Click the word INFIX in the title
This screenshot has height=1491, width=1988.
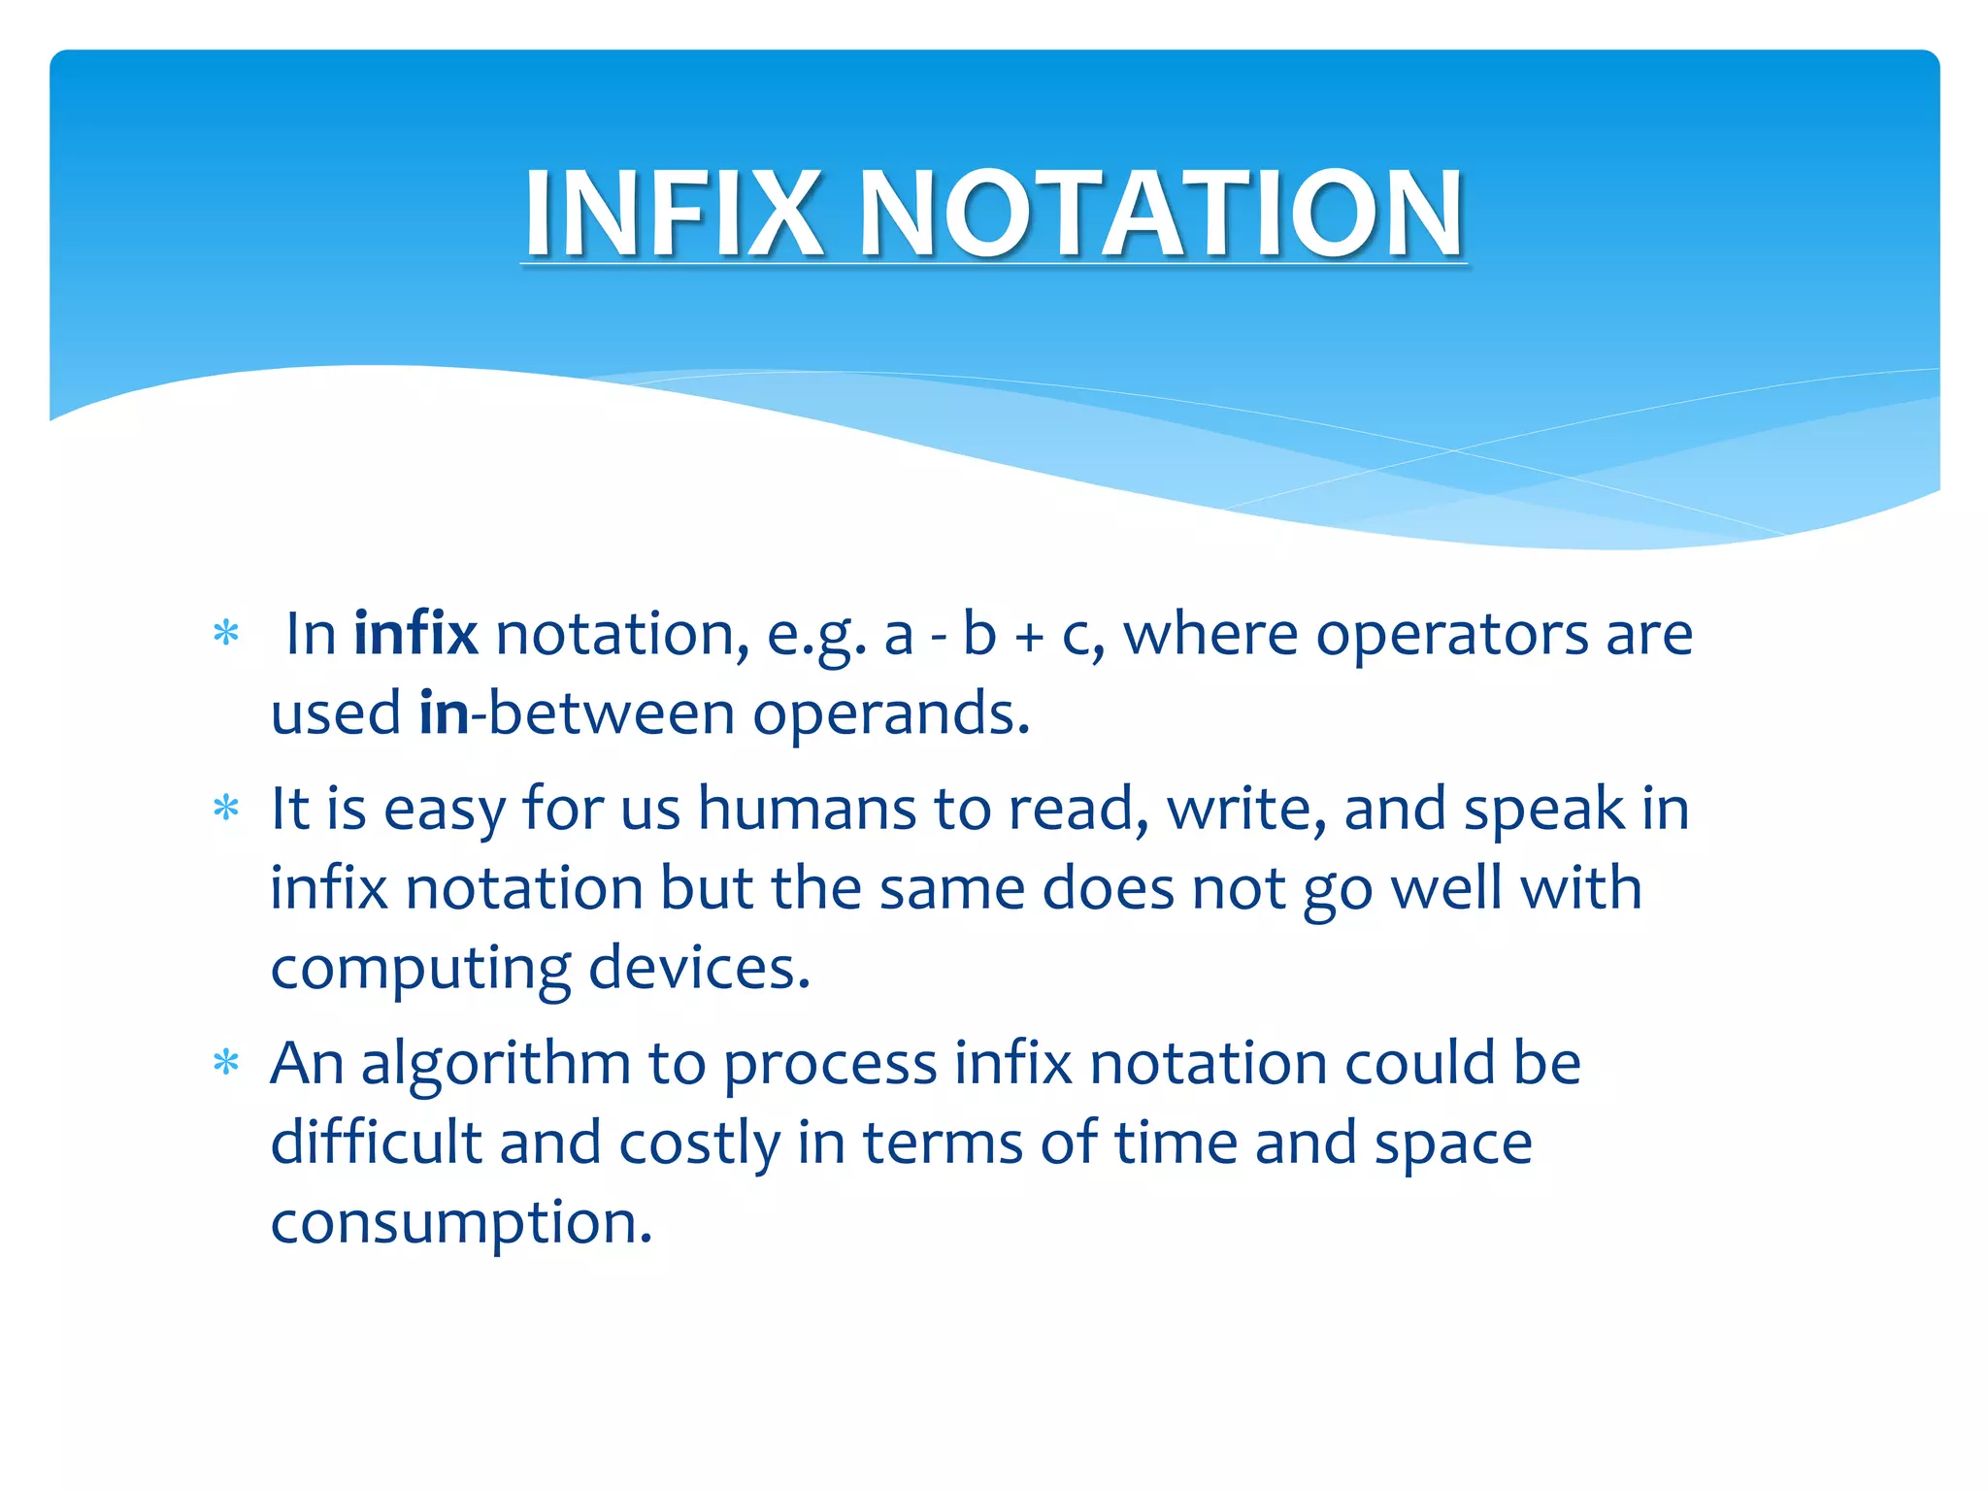674,214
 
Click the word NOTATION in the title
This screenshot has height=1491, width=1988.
1161,214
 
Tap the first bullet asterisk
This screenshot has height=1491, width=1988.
226,634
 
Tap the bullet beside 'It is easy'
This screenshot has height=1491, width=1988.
226,808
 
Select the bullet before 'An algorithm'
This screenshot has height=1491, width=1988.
226,1063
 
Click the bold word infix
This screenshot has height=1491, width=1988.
415,634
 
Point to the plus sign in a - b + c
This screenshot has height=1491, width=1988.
1029,637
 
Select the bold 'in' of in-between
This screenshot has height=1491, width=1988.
444,713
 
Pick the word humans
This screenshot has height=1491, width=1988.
807,809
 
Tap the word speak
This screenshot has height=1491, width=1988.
1543,809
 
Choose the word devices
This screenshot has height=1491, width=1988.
698,968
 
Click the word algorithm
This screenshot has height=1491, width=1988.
496,1065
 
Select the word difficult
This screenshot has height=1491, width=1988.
376,1143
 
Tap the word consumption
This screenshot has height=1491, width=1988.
461,1224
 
